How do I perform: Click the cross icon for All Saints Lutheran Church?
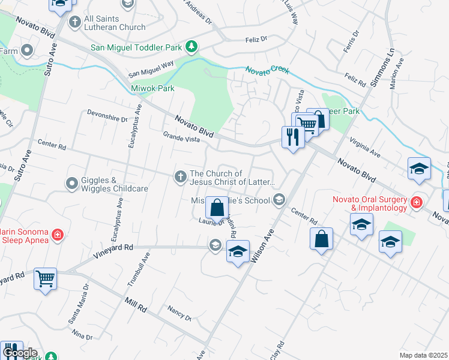coord(75,22)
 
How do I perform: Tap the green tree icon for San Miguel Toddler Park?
coord(191,46)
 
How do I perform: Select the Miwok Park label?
coord(152,88)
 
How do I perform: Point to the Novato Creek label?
coord(267,70)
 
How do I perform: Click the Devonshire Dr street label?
coord(107,115)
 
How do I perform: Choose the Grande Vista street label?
coord(181,139)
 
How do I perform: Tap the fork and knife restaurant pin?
coord(293,137)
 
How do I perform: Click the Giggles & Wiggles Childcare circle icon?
coord(72,182)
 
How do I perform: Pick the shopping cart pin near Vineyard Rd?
coord(46,279)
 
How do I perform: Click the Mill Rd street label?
coord(136,304)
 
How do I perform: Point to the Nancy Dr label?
coord(179,313)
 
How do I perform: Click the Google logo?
coord(19,352)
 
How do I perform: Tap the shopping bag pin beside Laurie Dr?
coord(217,208)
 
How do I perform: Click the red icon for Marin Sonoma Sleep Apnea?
coord(57,234)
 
